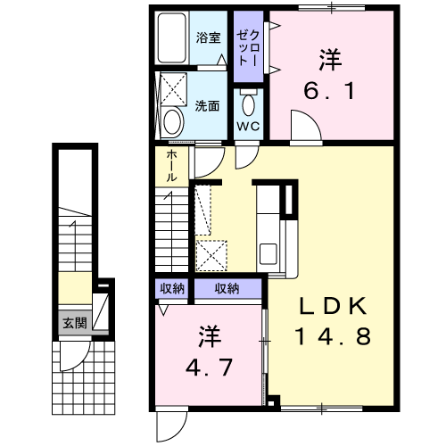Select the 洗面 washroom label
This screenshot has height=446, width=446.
point(207,104)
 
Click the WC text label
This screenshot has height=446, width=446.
point(247,126)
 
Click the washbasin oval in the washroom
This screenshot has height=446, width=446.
point(174,120)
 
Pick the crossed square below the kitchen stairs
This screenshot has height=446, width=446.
point(213,255)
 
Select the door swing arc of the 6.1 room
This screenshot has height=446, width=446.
point(302,129)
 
